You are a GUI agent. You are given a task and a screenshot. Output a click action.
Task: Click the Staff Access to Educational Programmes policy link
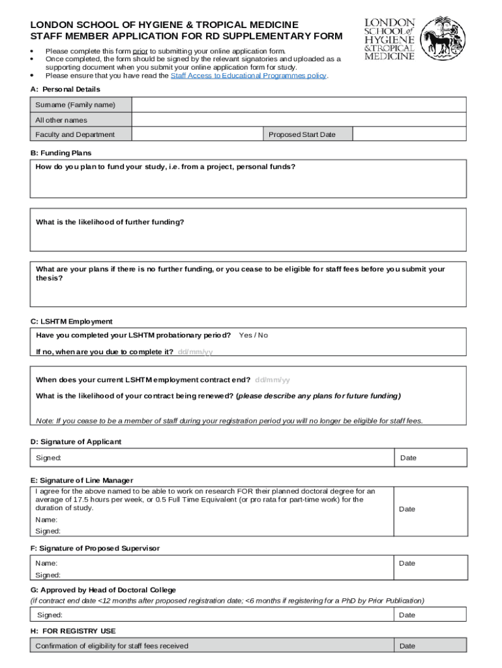coord(248,76)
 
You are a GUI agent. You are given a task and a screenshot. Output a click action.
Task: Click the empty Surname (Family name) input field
coord(299,105)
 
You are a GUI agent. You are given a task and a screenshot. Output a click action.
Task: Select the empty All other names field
coord(299,120)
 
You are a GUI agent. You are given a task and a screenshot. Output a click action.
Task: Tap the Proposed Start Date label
coord(302,134)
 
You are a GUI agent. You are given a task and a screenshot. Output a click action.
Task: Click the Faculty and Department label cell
coord(75,134)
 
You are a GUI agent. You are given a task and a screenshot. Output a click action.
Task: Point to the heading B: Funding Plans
coord(63,153)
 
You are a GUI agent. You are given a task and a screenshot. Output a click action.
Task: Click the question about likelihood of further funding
coord(110,222)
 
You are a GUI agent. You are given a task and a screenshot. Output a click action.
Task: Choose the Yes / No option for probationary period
coord(253,335)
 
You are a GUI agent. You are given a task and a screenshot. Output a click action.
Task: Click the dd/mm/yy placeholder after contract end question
coord(273,380)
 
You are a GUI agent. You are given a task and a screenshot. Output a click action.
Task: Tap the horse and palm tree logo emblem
coord(443,40)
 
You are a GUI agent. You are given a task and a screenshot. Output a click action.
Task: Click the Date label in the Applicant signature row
coord(408,458)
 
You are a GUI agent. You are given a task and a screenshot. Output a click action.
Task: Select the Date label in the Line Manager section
coord(407,509)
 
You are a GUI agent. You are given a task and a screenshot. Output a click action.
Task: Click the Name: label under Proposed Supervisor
coord(46,563)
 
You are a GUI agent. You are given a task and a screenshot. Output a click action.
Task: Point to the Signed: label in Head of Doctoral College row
coord(50,615)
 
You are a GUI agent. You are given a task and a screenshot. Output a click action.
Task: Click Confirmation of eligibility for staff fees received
coord(111,646)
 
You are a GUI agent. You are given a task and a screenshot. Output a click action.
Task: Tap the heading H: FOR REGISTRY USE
coord(73,631)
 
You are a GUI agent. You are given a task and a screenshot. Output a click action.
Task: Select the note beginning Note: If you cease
coord(229,421)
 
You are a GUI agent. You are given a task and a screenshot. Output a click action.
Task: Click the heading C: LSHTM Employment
coord(71,322)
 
